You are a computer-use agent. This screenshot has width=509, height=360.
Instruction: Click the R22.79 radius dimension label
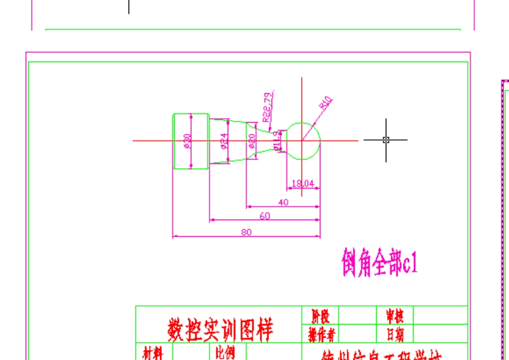[267, 106]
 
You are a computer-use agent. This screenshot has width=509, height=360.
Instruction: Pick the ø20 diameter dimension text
[252, 141]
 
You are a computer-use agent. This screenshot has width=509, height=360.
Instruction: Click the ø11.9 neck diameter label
[276, 140]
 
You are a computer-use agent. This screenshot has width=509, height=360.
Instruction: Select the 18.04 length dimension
[303, 184]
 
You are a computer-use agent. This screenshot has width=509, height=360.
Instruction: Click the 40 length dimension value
[283, 202]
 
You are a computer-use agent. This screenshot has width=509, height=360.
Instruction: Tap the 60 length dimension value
[265, 215]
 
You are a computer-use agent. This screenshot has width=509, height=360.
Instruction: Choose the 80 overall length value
[246, 232]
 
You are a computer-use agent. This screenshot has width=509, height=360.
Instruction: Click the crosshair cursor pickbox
[386, 140]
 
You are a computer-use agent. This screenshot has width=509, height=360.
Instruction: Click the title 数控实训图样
[219, 330]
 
